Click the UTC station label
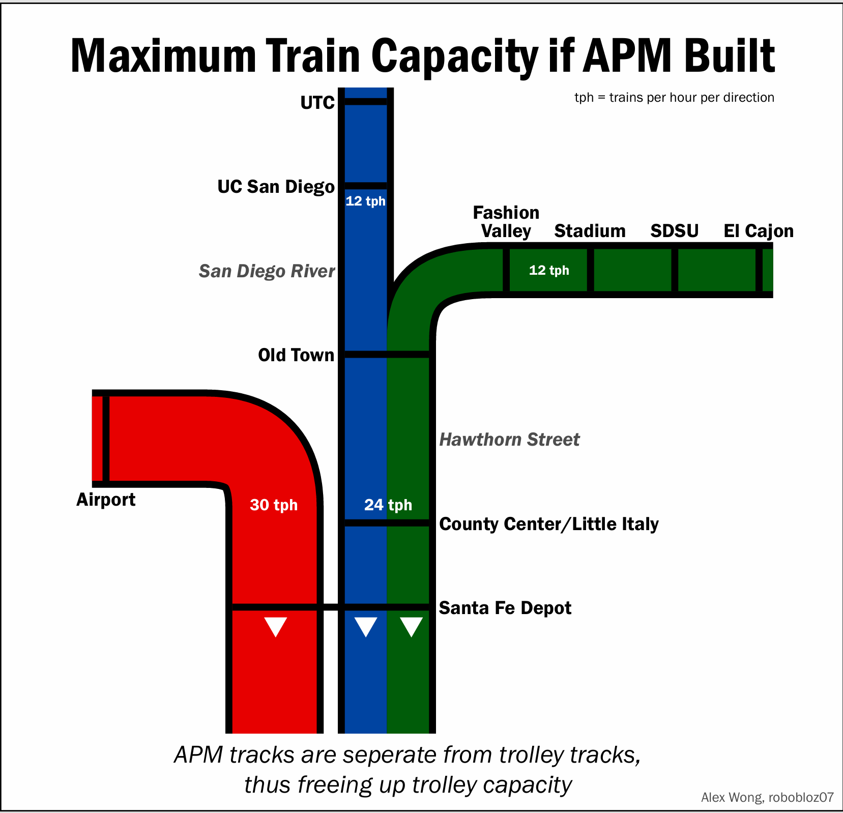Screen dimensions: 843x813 [317, 103]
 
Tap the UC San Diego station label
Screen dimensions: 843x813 [276, 187]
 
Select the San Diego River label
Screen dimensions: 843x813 [267, 271]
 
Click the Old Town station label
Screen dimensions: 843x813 [296, 355]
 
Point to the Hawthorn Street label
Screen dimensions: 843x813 [509, 440]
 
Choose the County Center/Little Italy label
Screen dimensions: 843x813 [548, 524]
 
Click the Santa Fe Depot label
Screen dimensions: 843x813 [505, 608]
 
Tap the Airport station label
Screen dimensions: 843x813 [106, 500]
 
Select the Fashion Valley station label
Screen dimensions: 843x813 [506, 222]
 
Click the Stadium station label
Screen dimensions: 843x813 [590, 231]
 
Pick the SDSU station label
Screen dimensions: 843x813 [674, 231]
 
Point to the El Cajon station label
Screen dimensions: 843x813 [758, 231]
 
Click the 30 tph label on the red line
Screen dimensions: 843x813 [274, 505]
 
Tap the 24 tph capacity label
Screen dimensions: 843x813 [388, 505]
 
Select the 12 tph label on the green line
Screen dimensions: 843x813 [549, 270]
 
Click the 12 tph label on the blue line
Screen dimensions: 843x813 [365, 201]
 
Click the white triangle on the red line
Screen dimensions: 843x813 [276, 626]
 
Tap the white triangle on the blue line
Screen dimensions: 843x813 [366, 626]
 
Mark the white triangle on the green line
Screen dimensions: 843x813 [411, 626]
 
